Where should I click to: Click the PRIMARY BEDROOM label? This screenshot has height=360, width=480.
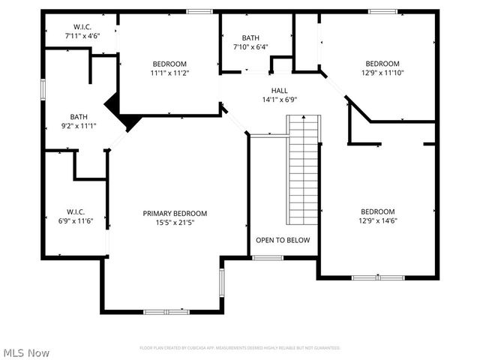[x=175, y=213]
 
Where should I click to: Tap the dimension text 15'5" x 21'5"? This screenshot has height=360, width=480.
[x=175, y=222]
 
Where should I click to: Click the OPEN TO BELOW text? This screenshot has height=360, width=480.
[x=283, y=240]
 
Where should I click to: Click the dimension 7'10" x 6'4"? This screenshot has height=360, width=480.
[x=250, y=47]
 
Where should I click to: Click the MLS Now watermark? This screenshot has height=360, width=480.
[x=26, y=352]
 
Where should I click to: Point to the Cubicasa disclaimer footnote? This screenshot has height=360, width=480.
[x=240, y=348]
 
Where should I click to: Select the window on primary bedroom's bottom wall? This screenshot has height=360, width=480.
[x=166, y=311]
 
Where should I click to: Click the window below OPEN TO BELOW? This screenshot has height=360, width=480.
[x=267, y=258]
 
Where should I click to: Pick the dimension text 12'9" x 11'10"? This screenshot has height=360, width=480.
[x=382, y=73]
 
